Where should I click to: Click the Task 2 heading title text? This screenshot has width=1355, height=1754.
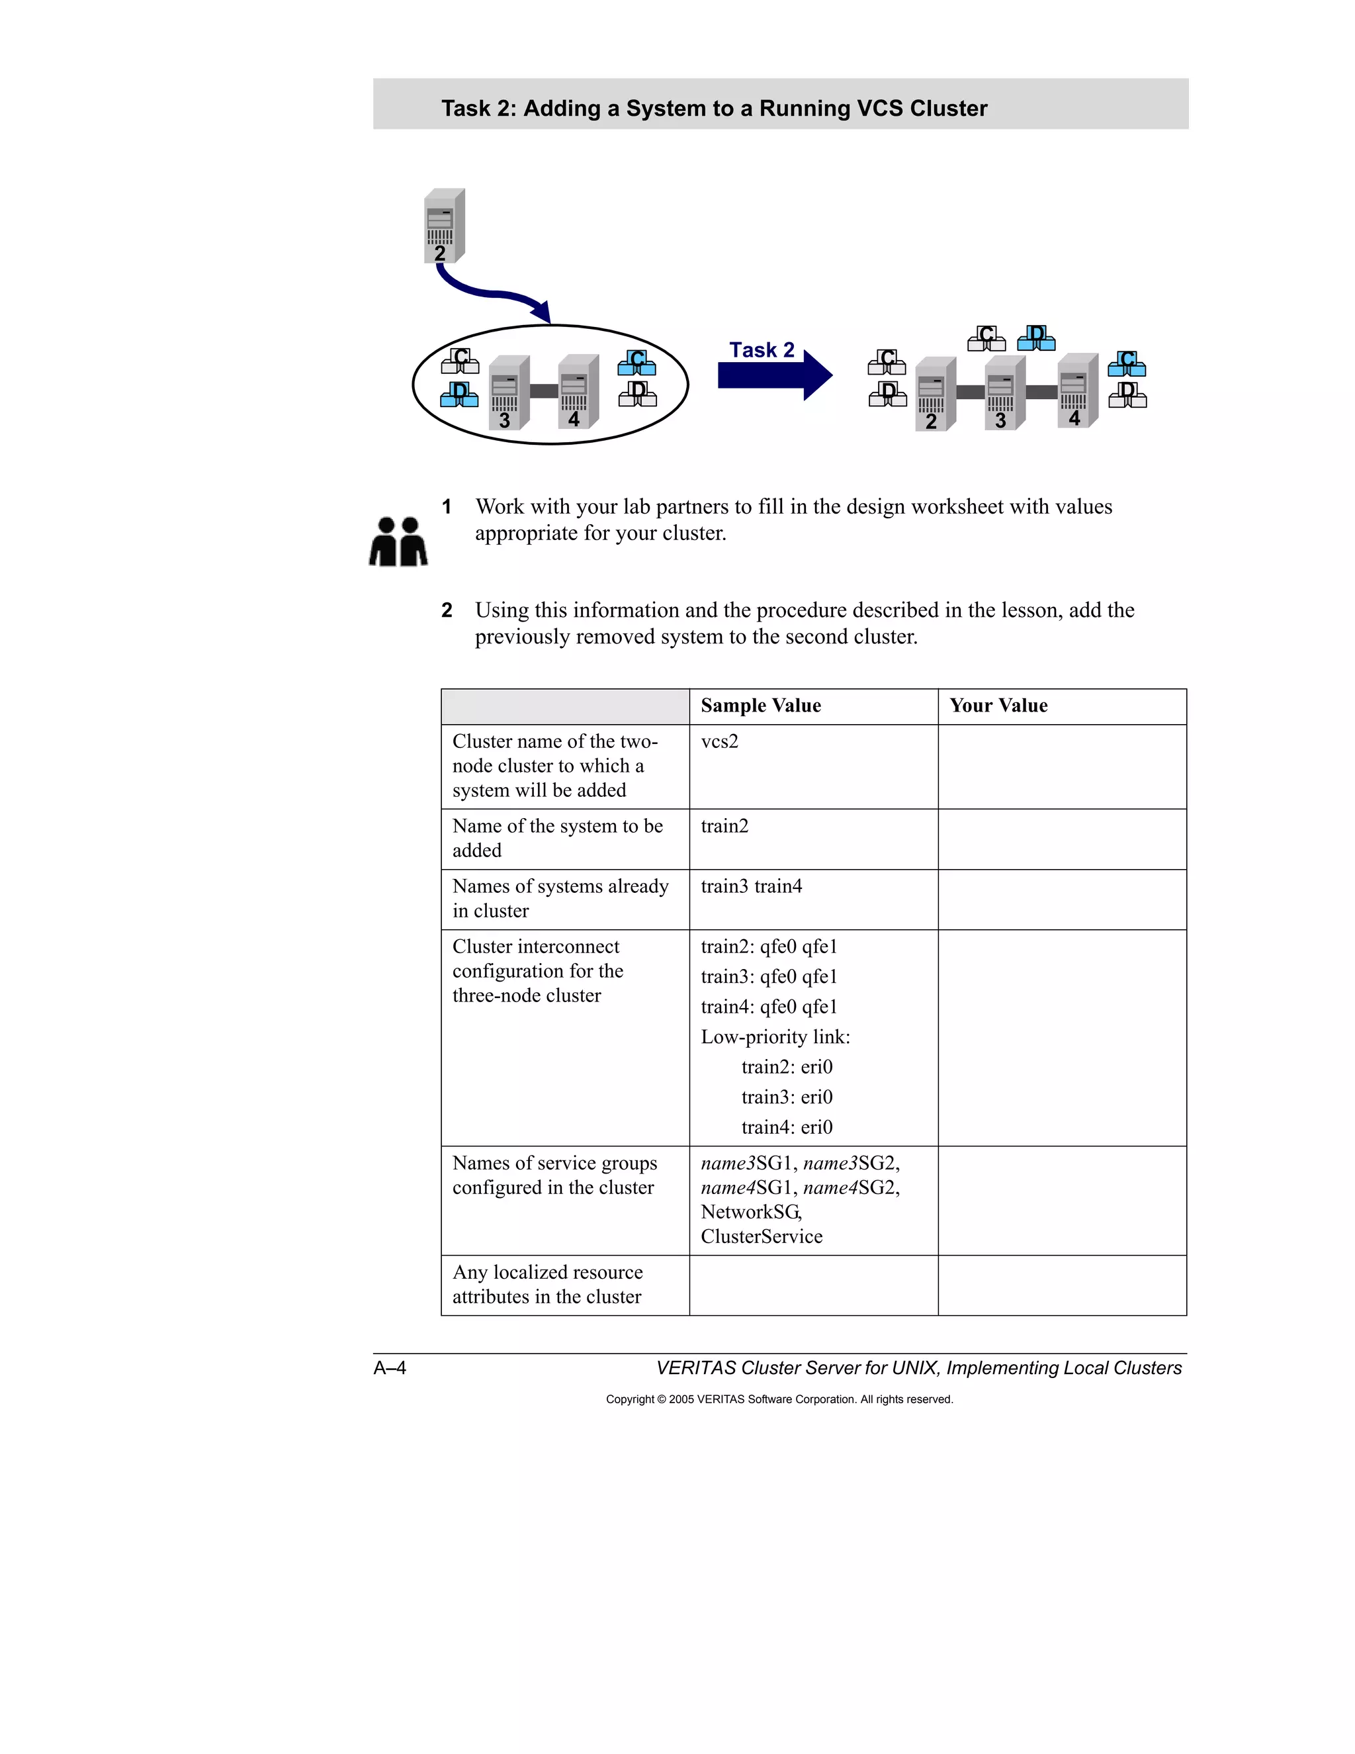click(714, 108)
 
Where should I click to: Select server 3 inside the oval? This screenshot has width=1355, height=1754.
click(509, 392)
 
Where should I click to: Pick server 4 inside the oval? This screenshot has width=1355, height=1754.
click(579, 391)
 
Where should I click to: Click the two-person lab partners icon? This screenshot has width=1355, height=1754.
click(398, 541)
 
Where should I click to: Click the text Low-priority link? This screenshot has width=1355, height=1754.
click(775, 1037)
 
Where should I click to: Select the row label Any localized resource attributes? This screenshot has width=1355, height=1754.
click(547, 1284)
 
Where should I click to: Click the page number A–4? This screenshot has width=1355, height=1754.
click(390, 1367)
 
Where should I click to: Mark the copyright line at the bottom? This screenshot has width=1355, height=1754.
click(779, 1399)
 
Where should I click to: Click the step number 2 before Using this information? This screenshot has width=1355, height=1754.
click(447, 610)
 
